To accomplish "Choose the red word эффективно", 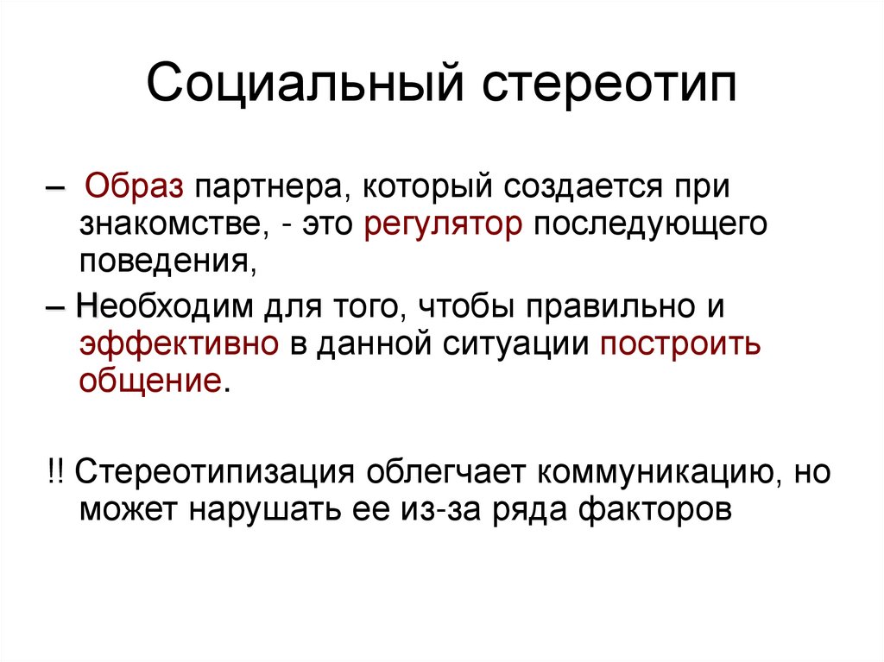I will click(179, 344).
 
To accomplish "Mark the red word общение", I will click(149, 380).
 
